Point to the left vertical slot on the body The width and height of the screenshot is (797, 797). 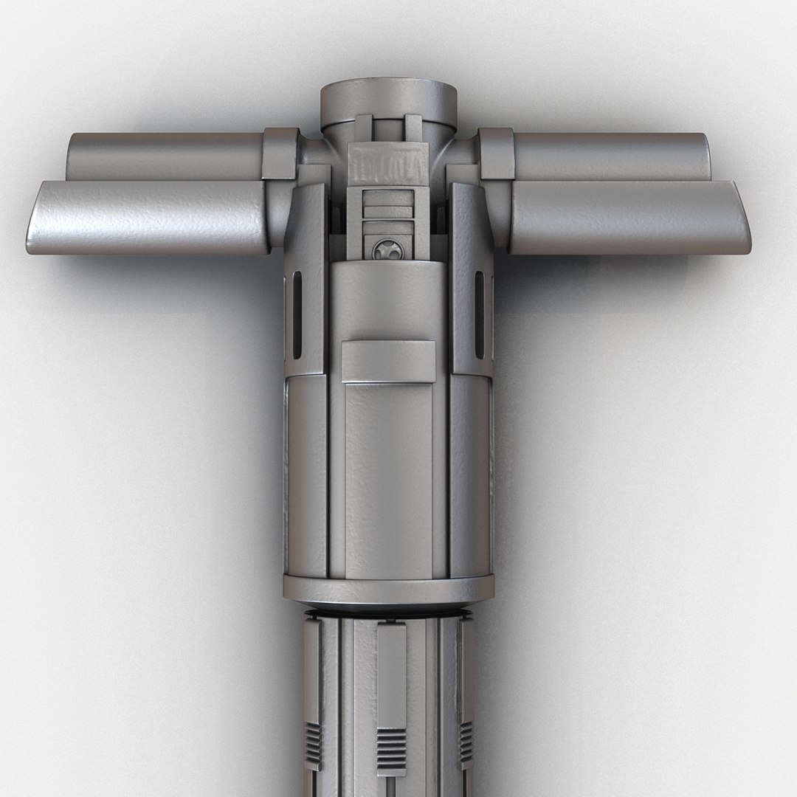[297, 314]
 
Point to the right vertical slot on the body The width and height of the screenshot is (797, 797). [480, 314]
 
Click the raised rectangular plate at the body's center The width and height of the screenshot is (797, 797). [387, 362]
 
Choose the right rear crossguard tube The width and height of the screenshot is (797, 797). [613, 155]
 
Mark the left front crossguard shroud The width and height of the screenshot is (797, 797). [148, 218]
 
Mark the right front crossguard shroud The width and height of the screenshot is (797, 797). [627, 218]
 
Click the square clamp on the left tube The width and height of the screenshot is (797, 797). [280, 153]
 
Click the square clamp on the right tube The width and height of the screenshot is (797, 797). [496, 153]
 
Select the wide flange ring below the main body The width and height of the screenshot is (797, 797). [388, 588]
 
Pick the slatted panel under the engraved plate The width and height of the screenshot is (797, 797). [387, 210]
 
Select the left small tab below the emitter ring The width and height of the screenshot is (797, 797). [363, 128]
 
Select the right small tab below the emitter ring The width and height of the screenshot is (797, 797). [413, 128]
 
